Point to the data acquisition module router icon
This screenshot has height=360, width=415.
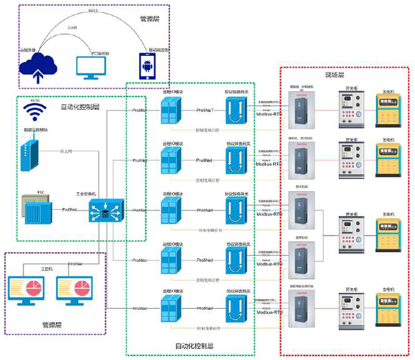28,154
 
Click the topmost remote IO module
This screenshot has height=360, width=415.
171,109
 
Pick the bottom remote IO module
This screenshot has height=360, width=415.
171,306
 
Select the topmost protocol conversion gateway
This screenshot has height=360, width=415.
237,109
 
